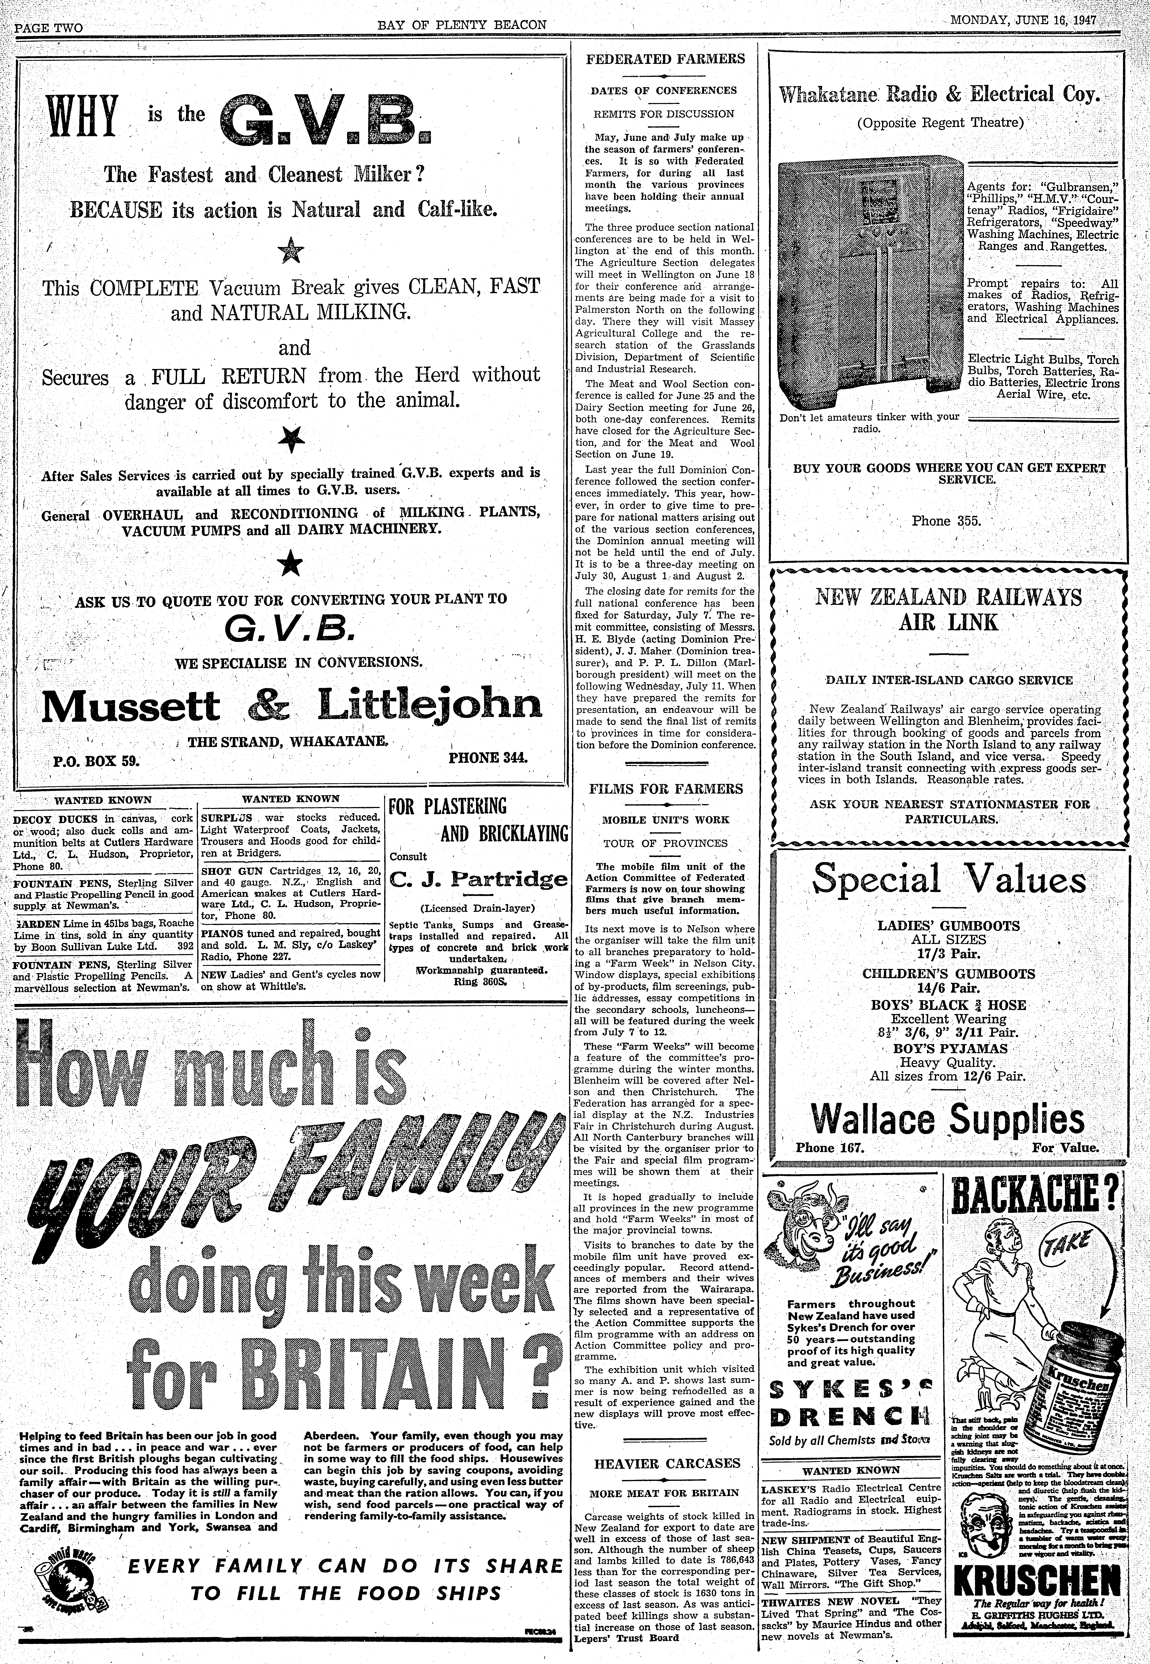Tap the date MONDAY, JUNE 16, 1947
(x=1022, y=20)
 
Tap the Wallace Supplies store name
(x=948, y=1120)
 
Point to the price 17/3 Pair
(x=948, y=953)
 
